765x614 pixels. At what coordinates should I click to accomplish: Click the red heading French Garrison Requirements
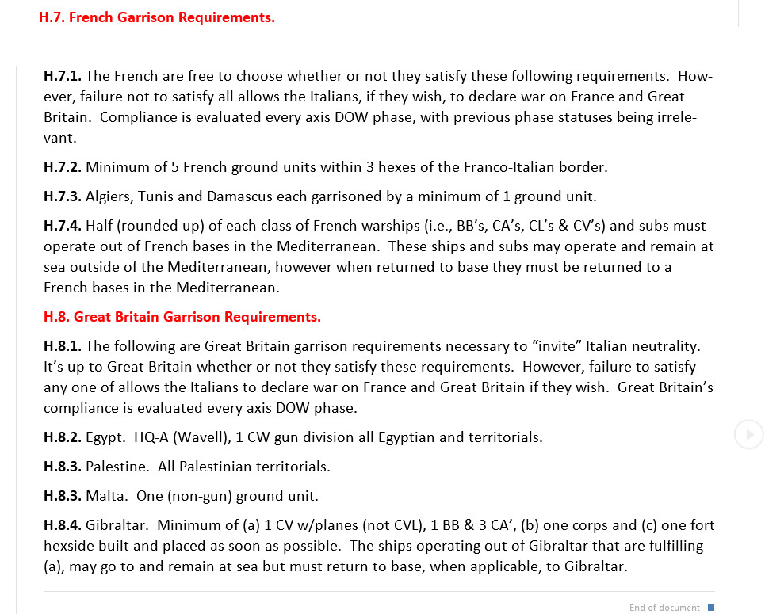pos(157,17)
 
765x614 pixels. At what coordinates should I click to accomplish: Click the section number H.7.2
pos(63,167)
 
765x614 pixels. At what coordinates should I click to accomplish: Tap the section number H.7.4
pos(63,226)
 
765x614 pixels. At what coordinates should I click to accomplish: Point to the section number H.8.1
pos(63,346)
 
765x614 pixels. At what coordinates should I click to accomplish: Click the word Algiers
pos(108,196)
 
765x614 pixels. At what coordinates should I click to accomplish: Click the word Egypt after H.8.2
pos(105,437)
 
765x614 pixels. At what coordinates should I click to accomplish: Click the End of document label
pos(664,608)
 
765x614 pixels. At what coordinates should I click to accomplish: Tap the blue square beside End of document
pos(711,608)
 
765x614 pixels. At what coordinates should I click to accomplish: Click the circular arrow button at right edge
pos(748,434)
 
